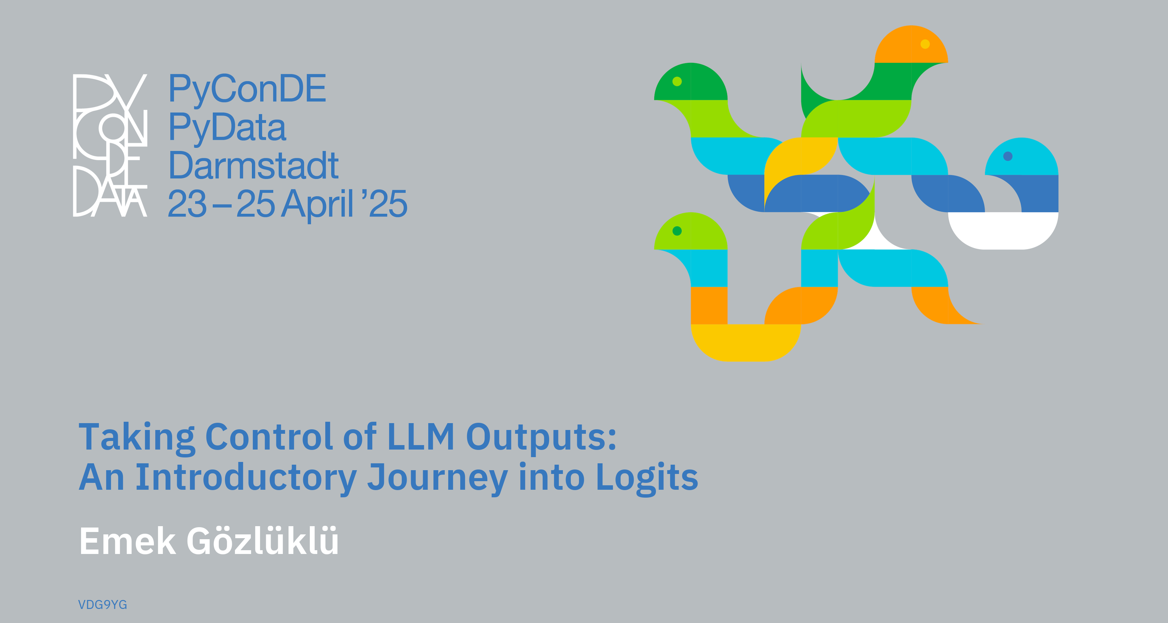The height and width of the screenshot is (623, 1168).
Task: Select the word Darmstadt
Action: (253, 166)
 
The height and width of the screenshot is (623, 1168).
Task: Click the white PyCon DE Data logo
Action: (110, 145)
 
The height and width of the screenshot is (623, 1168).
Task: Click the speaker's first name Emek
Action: (127, 541)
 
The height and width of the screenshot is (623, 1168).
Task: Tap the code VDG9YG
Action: (102, 605)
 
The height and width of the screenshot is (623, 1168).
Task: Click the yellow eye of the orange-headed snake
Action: (925, 44)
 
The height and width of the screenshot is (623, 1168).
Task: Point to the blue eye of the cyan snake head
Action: (1008, 156)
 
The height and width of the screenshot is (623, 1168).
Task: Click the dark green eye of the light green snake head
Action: (677, 231)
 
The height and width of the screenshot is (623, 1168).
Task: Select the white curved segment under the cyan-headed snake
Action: (1003, 231)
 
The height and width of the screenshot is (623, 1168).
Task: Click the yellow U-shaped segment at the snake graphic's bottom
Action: (746, 343)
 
